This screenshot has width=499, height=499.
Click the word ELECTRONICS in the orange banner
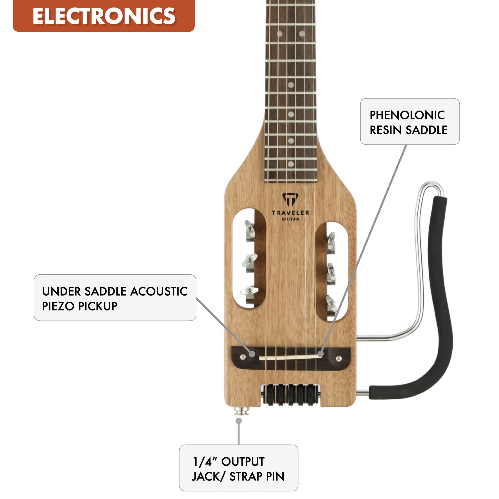(x=104, y=16)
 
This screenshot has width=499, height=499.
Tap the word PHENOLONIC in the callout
(x=407, y=115)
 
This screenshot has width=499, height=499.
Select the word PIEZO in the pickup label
(x=59, y=306)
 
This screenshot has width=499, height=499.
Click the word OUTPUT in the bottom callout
(x=243, y=461)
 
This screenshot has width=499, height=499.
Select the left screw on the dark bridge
(x=243, y=357)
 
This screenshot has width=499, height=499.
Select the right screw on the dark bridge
(x=339, y=358)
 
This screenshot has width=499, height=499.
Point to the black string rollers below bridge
(x=291, y=394)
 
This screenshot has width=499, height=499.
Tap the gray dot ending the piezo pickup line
(x=252, y=354)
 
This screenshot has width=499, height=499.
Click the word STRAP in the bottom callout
(x=246, y=477)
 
